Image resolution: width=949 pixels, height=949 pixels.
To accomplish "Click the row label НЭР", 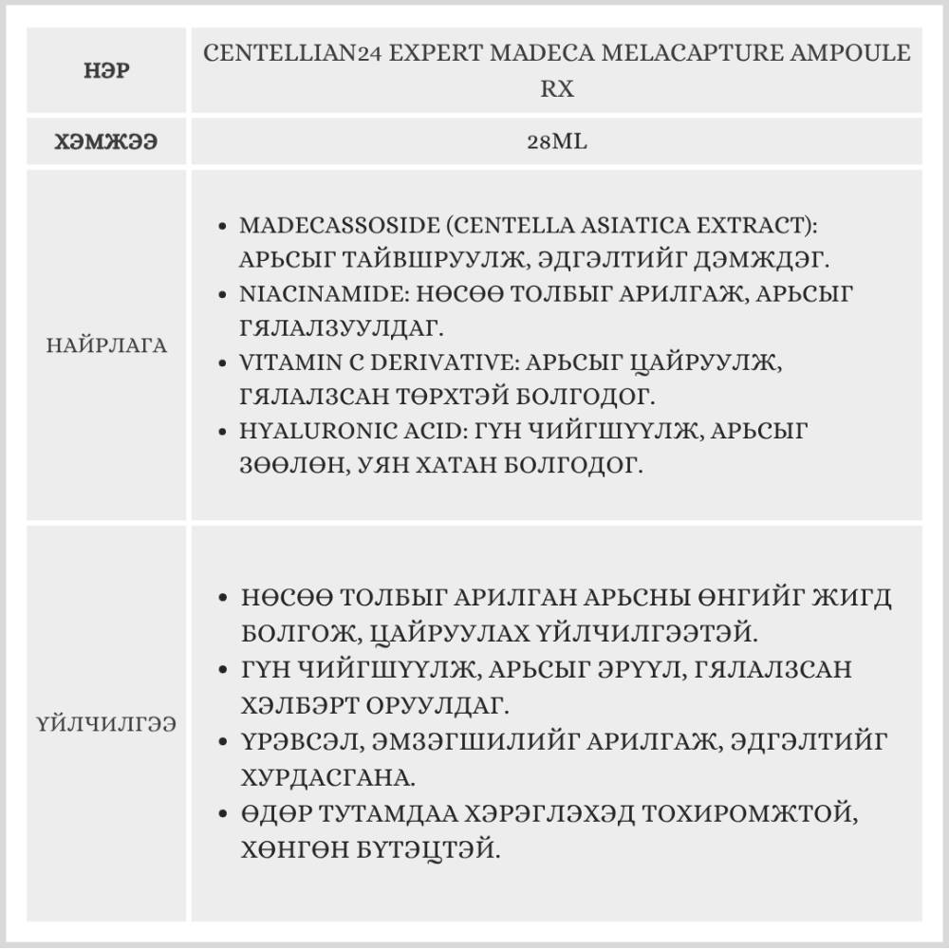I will coord(106,71).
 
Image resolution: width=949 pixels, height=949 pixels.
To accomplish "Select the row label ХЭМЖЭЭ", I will coord(106,142).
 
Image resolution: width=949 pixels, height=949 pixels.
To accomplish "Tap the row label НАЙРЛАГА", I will coord(106,345).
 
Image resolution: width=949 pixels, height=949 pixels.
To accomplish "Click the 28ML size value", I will coord(556,142).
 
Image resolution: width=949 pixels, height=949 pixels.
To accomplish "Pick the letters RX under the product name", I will coord(556,89).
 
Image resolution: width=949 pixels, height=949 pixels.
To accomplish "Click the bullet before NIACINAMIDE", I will coord(221,295).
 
